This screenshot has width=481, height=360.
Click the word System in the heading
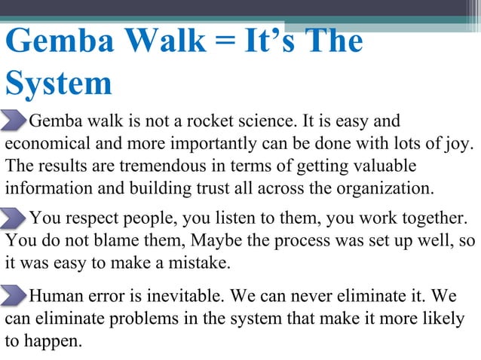(x=59, y=84)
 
